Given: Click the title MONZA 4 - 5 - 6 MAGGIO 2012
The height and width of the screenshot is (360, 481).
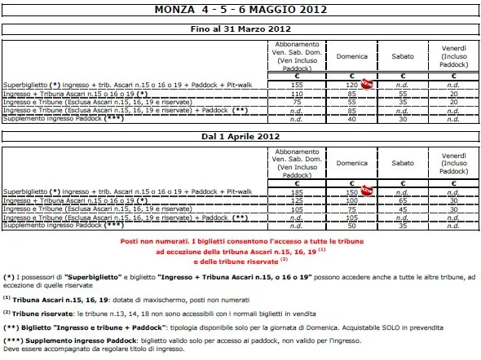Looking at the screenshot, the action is click(x=240, y=11).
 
